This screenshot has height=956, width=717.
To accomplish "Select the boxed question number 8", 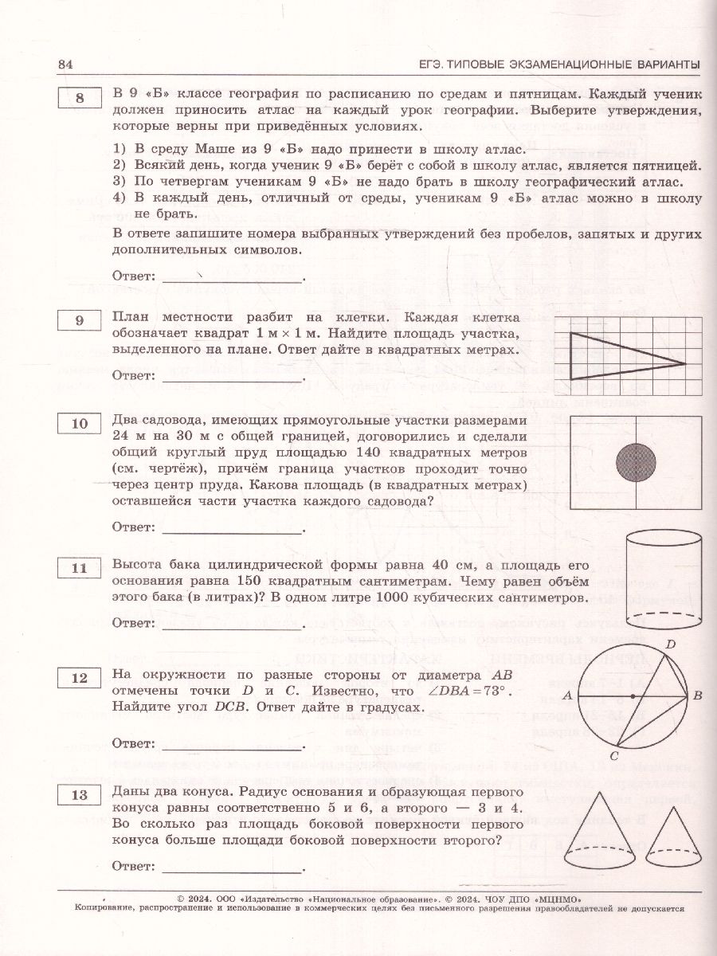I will pos(79,99).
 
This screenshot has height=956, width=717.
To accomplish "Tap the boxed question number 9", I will pos(79,320).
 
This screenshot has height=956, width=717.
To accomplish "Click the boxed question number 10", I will pos(79,424).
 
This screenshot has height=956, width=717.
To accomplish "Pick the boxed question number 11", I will pos(79,568).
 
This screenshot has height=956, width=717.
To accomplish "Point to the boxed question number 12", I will pos(79,678).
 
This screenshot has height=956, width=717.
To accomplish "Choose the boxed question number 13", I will pos(79,795).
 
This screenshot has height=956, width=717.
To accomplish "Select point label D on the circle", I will pos(670,643).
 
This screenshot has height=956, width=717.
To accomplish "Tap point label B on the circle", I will pos(697,695).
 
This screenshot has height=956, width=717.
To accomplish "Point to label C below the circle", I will pos(613,755).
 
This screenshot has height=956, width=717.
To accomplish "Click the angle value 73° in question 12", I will pos(511,689).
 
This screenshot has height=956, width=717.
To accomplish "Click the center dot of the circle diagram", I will pos(632,695).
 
